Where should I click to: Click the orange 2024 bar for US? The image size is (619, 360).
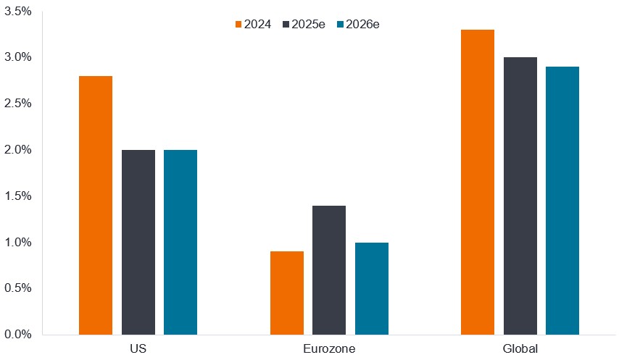[x=96, y=205]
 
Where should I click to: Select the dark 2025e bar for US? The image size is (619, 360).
[x=138, y=242]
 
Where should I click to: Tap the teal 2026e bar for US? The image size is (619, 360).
[x=180, y=242]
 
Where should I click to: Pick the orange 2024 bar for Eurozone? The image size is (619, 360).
[x=287, y=293]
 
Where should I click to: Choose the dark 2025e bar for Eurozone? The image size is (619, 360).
[x=329, y=269]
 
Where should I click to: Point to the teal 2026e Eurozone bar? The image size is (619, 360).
[x=372, y=288]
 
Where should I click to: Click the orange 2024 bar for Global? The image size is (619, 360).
[x=478, y=182]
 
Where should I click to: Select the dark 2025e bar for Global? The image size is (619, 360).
[x=520, y=196]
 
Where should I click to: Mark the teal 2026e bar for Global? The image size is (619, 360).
[x=562, y=201]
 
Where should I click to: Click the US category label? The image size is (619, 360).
[x=138, y=349]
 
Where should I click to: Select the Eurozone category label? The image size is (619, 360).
[x=329, y=349]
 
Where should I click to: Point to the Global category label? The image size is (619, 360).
[x=520, y=349]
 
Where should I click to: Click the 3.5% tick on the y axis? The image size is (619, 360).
[x=17, y=11]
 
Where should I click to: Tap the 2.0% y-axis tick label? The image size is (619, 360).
[x=17, y=150]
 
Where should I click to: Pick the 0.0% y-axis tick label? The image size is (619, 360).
[x=17, y=335]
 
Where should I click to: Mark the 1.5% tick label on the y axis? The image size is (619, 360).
[x=17, y=196]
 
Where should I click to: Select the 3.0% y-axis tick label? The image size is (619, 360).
[x=17, y=57]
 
